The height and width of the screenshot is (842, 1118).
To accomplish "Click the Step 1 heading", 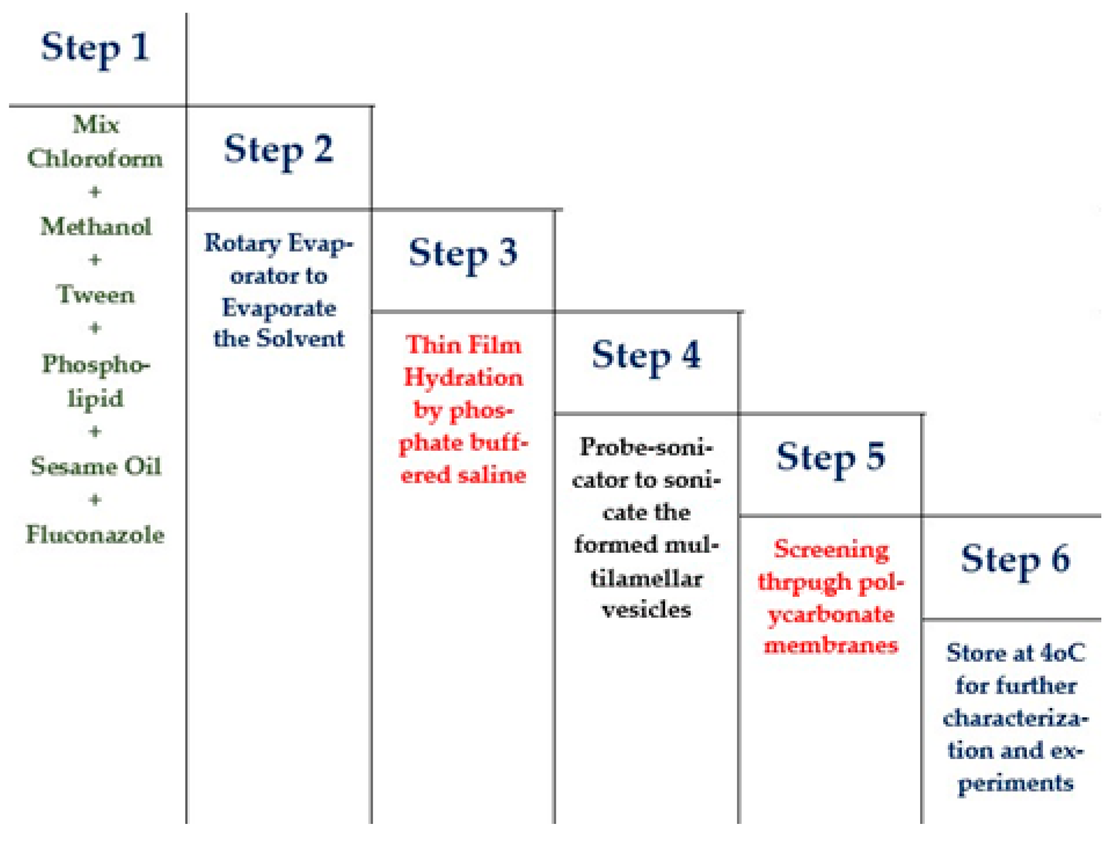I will click(95, 48).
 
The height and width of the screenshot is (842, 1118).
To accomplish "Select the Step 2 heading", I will click(279, 150).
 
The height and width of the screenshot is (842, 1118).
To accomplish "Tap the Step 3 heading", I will click(463, 253).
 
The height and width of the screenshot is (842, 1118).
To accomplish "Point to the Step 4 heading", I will click(646, 355).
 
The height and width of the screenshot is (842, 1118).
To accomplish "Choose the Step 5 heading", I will click(831, 457).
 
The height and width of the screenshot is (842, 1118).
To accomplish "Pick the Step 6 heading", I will click(1015, 559).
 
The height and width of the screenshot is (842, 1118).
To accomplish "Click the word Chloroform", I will click(95, 158).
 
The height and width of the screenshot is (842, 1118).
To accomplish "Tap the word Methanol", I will click(95, 227).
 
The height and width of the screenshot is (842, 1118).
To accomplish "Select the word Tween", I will click(95, 295).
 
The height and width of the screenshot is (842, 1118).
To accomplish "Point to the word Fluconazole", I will click(95, 535).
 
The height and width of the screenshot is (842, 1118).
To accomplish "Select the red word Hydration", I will click(463, 378).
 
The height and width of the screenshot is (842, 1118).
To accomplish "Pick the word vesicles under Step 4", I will click(646, 610).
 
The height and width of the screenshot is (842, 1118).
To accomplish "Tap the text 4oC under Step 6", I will click(1063, 653).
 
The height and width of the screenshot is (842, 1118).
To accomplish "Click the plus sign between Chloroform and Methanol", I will click(95, 192).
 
